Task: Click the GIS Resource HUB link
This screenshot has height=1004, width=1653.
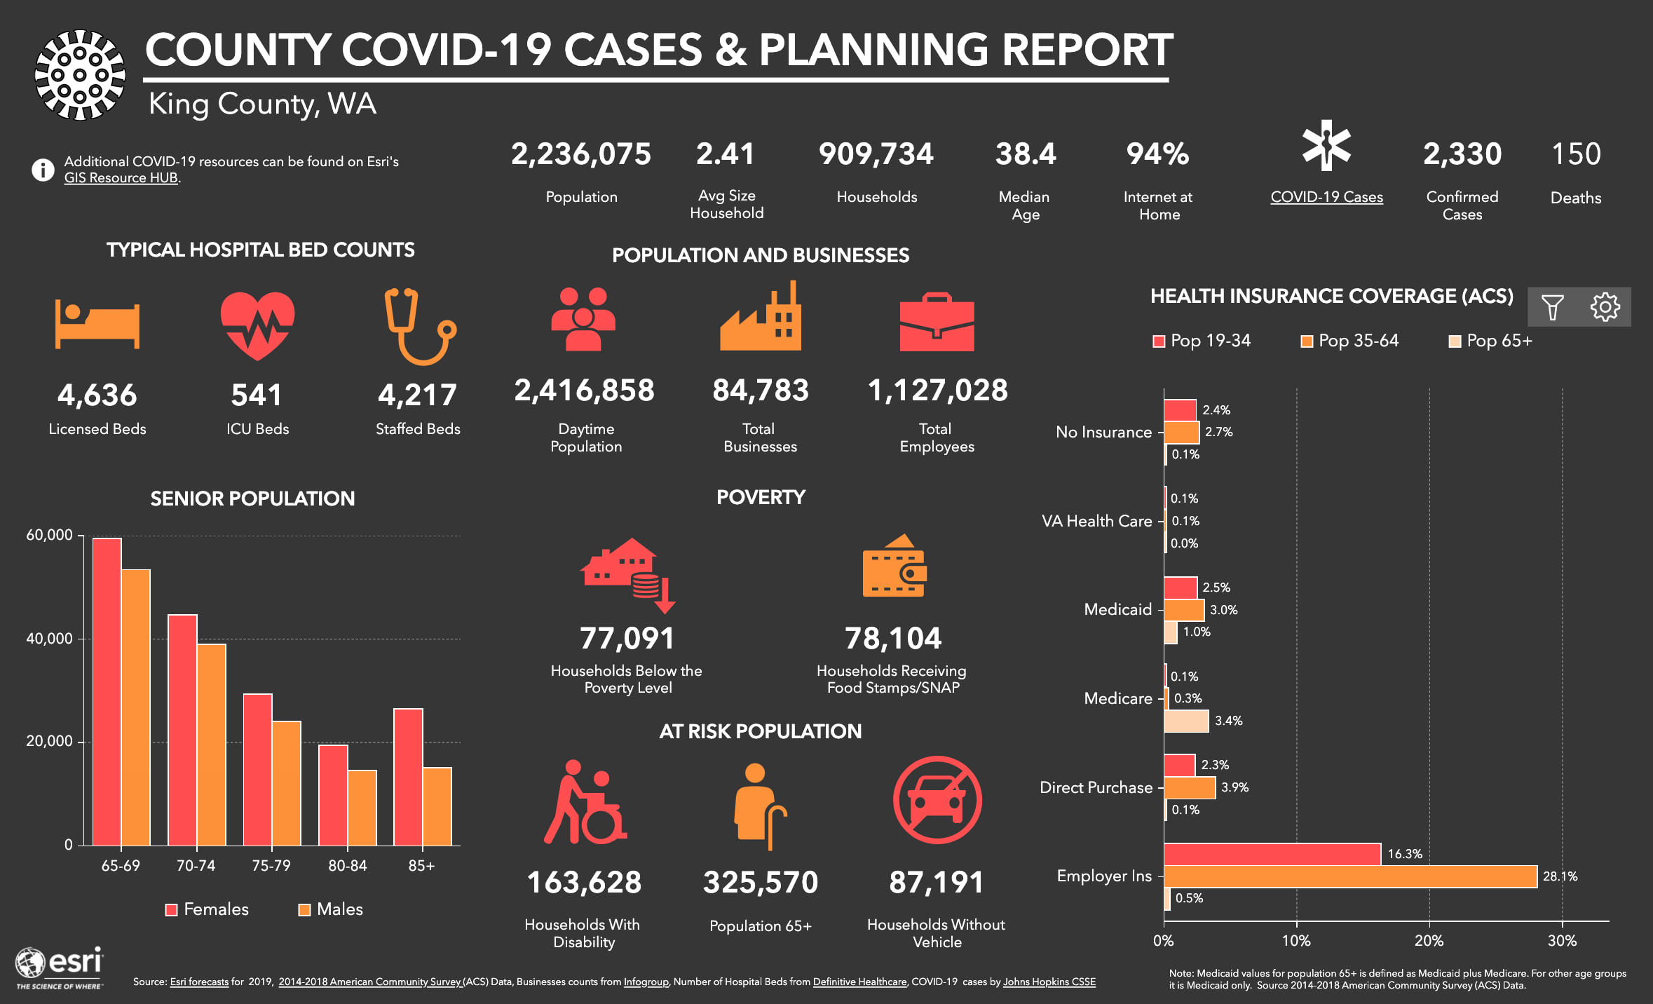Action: [x=121, y=178]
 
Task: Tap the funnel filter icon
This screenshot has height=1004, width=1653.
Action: [x=1552, y=307]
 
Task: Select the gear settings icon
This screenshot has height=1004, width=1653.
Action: [x=1605, y=307]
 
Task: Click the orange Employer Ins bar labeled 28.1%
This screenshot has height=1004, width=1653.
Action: [x=1349, y=876]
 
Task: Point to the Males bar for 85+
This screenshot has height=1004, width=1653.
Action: [x=437, y=806]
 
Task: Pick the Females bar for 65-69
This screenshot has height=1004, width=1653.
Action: [x=107, y=691]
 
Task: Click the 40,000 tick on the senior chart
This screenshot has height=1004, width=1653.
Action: [x=49, y=639]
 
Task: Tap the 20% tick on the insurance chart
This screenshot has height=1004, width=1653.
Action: [x=1429, y=941]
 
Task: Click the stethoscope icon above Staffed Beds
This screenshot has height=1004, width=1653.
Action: [x=419, y=326]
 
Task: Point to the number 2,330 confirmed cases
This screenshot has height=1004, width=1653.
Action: [x=1462, y=154]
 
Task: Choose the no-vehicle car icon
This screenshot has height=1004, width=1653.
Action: [x=937, y=800]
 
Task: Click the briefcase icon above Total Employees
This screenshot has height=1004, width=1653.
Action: [x=937, y=323]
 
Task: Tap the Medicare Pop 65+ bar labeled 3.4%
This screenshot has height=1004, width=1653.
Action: [x=1186, y=721]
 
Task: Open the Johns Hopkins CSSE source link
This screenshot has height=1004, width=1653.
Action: [x=1049, y=982]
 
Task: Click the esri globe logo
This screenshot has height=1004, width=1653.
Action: [x=32, y=963]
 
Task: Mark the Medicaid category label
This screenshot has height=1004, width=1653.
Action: [x=1117, y=609]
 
